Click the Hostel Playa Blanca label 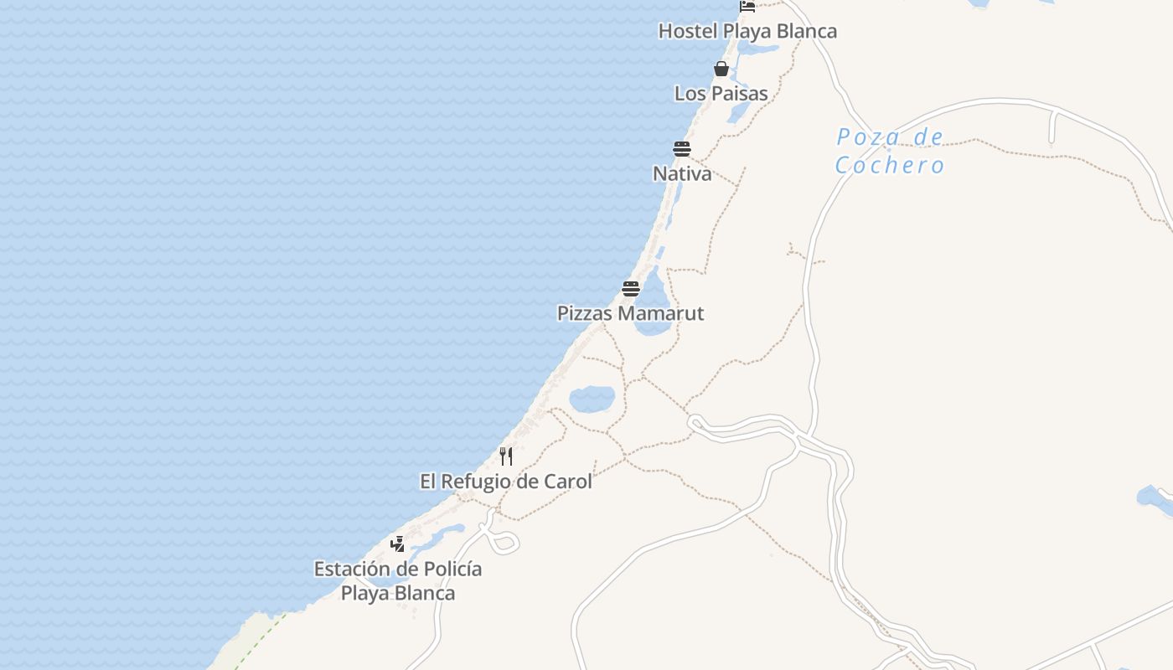(x=747, y=31)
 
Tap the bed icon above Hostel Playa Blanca (x=747, y=6)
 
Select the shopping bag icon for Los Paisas (x=721, y=69)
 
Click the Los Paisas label (x=721, y=93)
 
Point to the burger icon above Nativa (x=682, y=149)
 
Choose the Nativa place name (x=682, y=173)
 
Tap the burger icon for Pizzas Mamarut (x=631, y=289)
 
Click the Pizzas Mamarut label (x=631, y=313)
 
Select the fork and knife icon (x=506, y=456)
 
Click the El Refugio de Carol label (x=506, y=482)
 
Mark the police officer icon (x=398, y=544)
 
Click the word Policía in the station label (x=452, y=569)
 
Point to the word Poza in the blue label (x=868, y=137)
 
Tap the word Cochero (x=890, y=165)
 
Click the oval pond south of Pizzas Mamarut (x=592, y=399)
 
